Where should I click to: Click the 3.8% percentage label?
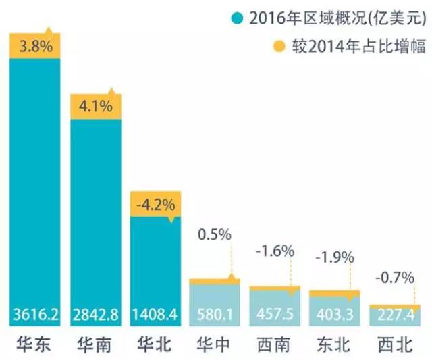35,48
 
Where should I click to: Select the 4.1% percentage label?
95,107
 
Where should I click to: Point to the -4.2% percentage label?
155,203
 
